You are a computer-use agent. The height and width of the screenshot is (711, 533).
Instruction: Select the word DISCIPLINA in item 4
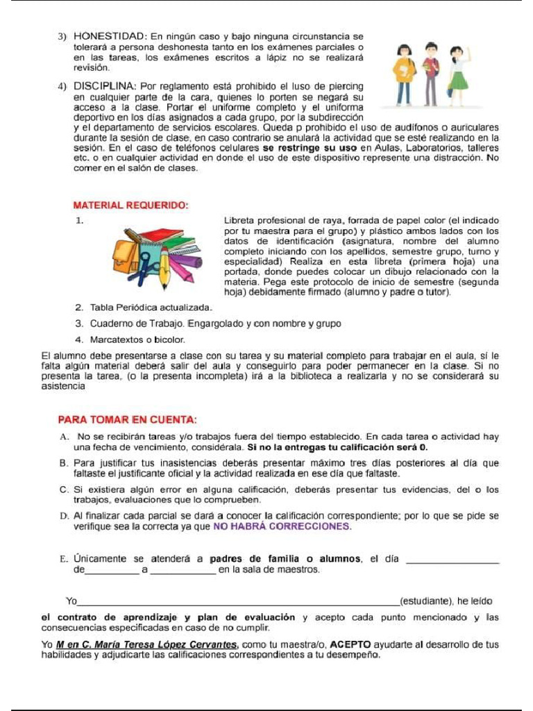(x=108, y=87)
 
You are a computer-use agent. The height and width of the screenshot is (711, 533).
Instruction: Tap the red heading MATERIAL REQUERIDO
(x=131, y=206)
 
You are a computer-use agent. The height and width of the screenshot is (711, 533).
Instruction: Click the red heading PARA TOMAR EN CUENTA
(x=127, y=419)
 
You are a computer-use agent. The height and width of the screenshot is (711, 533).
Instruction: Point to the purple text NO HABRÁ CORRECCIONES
(x=282, y=526)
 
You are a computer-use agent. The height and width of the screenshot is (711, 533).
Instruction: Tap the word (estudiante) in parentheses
(x=426, y=601)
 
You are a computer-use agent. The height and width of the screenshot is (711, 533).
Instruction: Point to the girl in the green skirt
(x=457, y=72)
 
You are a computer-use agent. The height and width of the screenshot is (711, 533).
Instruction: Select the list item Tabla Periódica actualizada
(x=143, y=307)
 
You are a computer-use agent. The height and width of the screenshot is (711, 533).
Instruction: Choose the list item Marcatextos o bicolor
(x=130, y=340)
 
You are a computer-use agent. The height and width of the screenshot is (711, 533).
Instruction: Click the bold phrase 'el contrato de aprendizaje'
(x=111, y=617)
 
